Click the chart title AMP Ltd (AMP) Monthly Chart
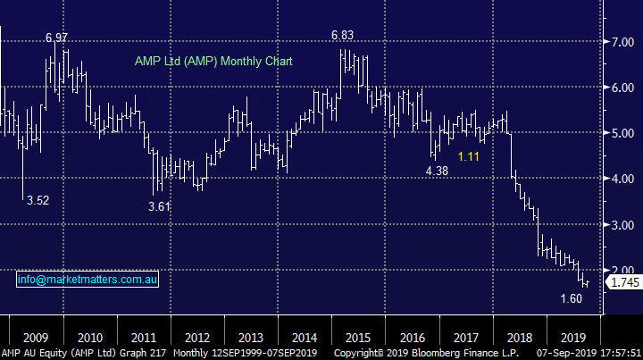tap(213, 62)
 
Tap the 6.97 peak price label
tap(57, 38)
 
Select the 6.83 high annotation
tap(343, 35)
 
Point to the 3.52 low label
tap(38, 201)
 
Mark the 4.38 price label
tap(436, 171)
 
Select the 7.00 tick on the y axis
tap(622, 42)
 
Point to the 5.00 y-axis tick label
tap(622, 133)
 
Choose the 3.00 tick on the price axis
tap(622, 225)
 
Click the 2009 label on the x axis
tap(36, 338)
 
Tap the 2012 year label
tap(197, 338)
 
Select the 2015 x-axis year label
tap(359, 338)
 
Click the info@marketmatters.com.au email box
tap(88, 280)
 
